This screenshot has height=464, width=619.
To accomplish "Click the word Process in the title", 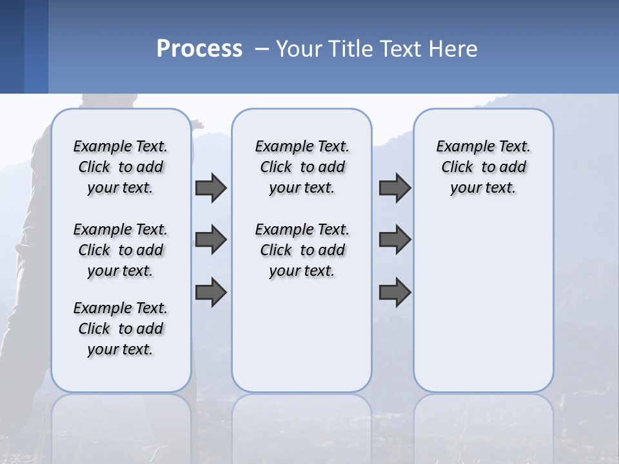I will (199, 49).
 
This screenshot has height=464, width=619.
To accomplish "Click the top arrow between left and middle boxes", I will (211, 188).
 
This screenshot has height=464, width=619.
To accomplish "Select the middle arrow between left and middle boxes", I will (211, 240).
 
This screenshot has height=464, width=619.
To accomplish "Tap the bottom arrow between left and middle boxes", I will (211, 293).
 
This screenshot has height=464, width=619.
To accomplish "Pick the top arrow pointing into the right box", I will (395, 188).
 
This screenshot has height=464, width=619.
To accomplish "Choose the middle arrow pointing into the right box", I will (395, 240).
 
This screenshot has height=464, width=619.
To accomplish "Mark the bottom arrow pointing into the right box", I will (395, 293).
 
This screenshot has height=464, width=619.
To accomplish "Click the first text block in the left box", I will (121, 167).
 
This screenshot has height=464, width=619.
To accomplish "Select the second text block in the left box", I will (121, 250).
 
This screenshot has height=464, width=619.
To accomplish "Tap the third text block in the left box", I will (121, 329).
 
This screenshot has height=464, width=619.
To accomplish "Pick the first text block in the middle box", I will (302, 167).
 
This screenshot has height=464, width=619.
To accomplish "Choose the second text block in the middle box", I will (302, 250).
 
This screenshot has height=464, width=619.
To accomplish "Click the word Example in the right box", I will (459, 147).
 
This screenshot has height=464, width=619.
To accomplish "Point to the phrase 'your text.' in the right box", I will (483, 188).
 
